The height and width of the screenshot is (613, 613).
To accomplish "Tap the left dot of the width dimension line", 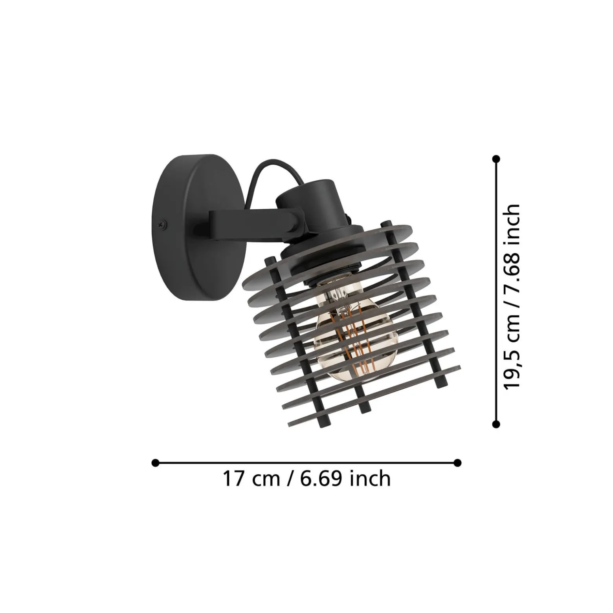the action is click(155, 463).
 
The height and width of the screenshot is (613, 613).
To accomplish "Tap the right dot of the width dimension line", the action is click(457, 463).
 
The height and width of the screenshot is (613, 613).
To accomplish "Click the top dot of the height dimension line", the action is click(496, 159).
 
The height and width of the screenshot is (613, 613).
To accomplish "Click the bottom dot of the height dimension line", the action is click(496, 424).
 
